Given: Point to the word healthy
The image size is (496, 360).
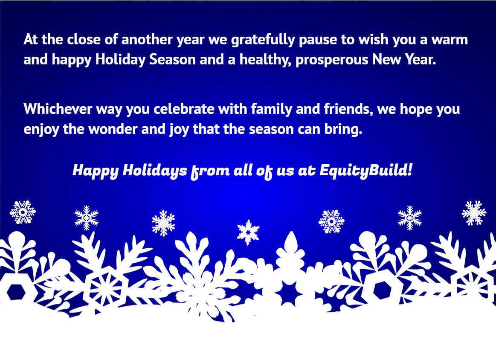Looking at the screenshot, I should [x=265, y=60].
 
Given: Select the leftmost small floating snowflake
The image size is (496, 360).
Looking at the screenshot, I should [x=23, y=212].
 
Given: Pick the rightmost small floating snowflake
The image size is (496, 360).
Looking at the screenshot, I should [x=473, y=212].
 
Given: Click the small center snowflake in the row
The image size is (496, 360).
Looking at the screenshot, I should [x=248, y=232].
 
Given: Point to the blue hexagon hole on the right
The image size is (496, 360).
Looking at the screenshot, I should [x=382, y=290].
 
